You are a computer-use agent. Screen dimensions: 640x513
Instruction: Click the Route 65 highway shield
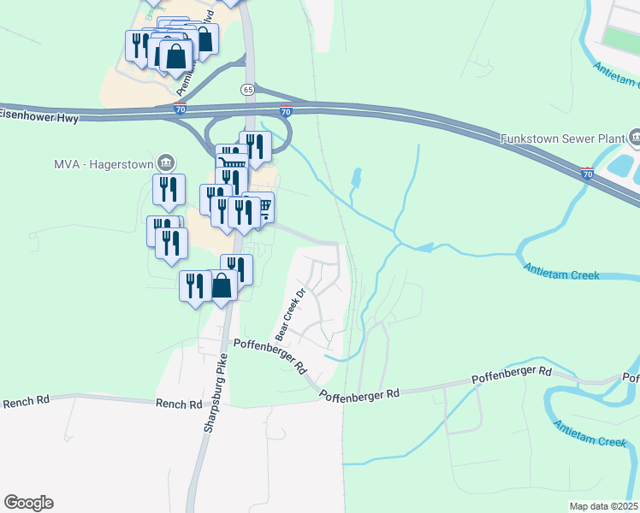tap(247, 89)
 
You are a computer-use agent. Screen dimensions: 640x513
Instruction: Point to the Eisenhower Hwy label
tap(39, 114)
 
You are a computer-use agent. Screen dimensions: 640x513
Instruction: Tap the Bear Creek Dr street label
tap(289, 314)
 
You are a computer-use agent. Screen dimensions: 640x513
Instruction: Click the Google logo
tap(28, 503)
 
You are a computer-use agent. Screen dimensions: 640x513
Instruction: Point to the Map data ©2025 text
tap(603, 506)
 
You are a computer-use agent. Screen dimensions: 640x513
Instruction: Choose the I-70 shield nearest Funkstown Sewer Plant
tap(587, 174)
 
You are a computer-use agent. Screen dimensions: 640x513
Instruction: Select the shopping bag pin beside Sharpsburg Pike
tap(222, 286)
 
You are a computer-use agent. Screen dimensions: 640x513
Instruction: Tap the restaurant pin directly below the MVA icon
tap(169, 190)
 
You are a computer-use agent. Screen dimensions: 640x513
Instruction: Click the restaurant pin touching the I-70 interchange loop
tap(256, 145)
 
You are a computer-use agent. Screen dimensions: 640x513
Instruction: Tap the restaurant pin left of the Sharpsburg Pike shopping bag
tap(195, 286)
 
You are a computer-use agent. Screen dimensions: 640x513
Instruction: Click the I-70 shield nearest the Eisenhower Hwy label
tap(180, 109)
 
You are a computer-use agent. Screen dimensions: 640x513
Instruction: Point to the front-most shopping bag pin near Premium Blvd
tap(175, 56)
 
